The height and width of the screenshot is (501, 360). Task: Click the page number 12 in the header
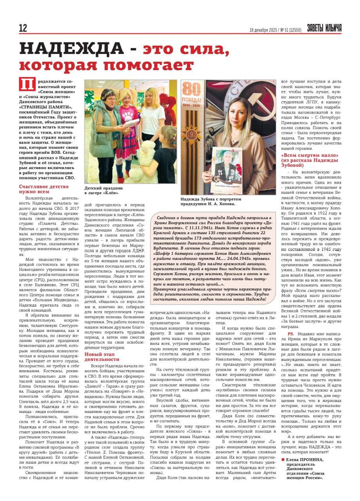tap(23, 28)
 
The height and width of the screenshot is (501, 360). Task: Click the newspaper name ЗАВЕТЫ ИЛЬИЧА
tap(324, 28)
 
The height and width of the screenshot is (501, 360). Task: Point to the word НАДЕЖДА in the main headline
tap(72, 49)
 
